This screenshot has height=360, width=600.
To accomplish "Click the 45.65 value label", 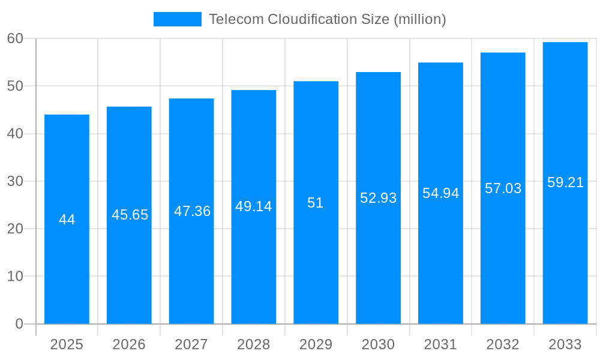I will pos(130,215).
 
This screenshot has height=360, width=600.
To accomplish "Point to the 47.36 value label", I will pos(192,211).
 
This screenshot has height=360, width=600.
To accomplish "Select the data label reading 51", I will pos(316,203).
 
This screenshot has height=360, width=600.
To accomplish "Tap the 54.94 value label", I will pos(440,193).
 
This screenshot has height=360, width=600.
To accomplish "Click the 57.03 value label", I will pos(503,188).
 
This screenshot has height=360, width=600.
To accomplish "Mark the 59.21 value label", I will pos(565,182).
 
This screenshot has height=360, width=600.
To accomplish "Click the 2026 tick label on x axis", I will pos(129,344).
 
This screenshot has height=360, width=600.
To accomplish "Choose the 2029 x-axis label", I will pos(316,344).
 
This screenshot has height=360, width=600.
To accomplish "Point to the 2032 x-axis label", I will pos(503,344).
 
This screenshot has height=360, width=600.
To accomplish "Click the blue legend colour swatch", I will pos(177,19).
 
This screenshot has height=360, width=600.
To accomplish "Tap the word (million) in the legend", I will pos(419,19).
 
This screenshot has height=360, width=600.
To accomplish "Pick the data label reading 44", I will pos(67,220).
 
